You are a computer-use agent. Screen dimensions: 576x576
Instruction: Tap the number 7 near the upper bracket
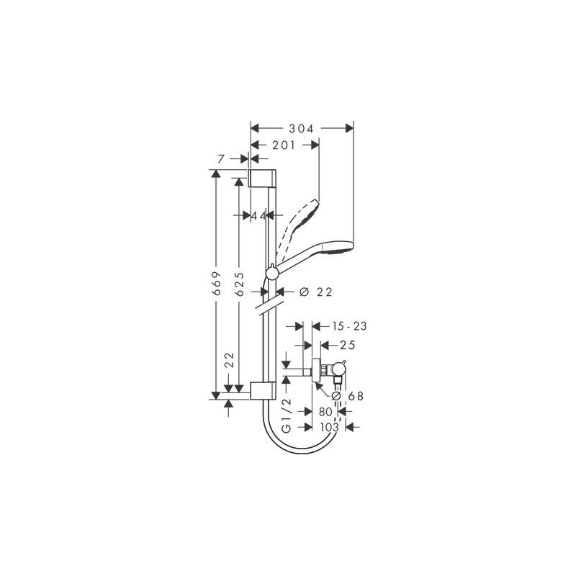click(x=222, y=158)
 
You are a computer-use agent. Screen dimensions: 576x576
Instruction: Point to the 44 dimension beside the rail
click(x=259, y=215)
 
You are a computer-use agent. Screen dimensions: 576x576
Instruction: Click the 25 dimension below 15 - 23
click(x=348, y=345)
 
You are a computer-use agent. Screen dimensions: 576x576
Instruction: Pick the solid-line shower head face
click(x=338, y=249)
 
